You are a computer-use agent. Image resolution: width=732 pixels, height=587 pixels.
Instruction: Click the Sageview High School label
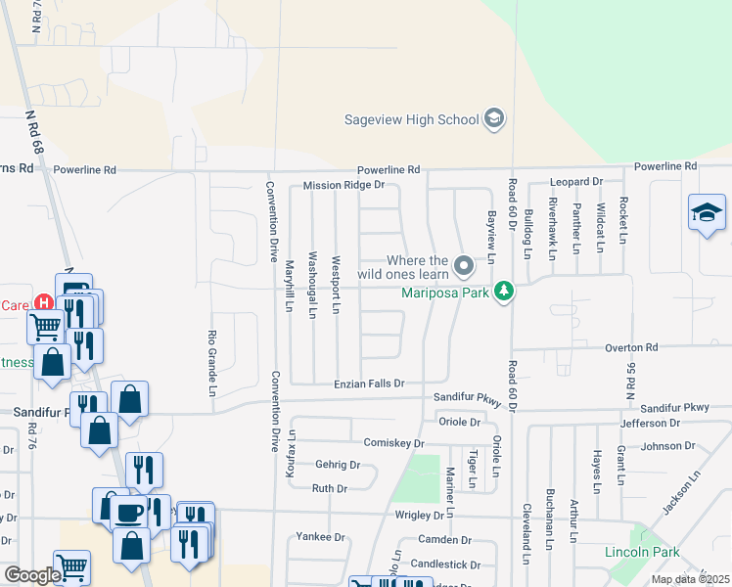point(412,120)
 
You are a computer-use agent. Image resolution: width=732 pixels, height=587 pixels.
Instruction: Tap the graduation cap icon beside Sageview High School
point(495,119)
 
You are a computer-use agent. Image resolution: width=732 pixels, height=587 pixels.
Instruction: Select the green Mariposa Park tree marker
point(504,292)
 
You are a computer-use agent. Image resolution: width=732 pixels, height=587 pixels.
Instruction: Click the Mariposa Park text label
point(446,292)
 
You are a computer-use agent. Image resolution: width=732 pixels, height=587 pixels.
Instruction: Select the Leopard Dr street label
point(575,182)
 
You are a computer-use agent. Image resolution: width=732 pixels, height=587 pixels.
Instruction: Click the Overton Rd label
point(630,347)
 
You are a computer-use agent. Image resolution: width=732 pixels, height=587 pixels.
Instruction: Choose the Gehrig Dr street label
point(338,465)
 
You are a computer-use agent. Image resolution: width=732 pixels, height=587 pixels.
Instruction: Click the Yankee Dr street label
point(321,537)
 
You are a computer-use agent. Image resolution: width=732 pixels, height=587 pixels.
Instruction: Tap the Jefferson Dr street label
point(650,423)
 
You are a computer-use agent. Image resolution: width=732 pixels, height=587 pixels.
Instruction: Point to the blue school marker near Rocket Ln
point(707,213)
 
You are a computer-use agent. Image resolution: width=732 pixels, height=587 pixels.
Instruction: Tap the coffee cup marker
point(129,512)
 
